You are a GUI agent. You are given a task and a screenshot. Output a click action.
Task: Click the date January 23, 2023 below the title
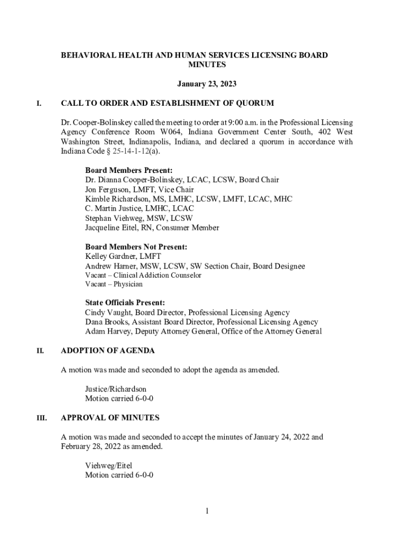(206, 84)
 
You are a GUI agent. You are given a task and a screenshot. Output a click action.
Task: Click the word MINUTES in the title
(206, 64)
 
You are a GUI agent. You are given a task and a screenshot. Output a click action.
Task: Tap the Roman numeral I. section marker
(39, 103)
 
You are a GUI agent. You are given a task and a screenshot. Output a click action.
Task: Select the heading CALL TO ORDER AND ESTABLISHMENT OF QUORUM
(167, 103)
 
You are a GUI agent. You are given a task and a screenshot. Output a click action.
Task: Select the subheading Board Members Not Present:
(136, 247)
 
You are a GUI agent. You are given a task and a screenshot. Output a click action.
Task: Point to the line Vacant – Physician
(113, 284)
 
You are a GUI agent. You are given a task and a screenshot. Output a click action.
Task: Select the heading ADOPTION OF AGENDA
(108, 351)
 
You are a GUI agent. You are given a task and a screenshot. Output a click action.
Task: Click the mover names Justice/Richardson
(116, 389)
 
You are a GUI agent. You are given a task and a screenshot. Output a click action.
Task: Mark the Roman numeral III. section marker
(41, 417)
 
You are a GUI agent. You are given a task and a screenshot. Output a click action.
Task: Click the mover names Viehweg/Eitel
(108, 465)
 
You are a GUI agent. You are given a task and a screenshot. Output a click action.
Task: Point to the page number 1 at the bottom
(206, 511)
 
